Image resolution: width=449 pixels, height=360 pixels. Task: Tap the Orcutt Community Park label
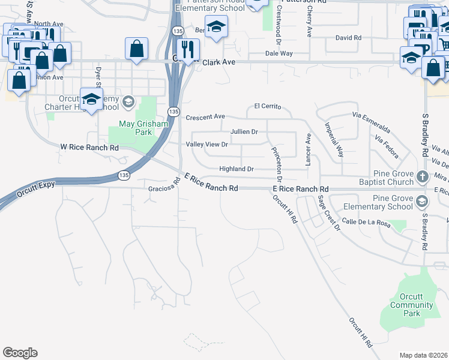(x=411, y=305)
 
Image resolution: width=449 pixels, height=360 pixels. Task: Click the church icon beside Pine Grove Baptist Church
(x=422, y=176)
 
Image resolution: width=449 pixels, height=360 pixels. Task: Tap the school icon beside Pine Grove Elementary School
(x=422, y=201)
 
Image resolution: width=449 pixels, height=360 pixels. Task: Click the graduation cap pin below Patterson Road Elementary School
(x=216, y=26)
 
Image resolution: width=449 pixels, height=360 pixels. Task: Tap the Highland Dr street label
(x=237, y=169)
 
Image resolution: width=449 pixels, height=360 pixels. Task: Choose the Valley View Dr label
(x=207, y=145)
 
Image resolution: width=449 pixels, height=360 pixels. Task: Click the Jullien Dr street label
(x=244, y=131)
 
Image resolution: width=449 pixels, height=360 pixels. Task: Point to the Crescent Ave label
(x=205, y=116)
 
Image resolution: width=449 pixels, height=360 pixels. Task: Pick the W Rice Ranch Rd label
(x=89, y=147)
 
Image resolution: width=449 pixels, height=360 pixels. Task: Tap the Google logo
(x=20, y=353)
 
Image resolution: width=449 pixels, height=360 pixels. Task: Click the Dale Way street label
(x=279, y=53)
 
